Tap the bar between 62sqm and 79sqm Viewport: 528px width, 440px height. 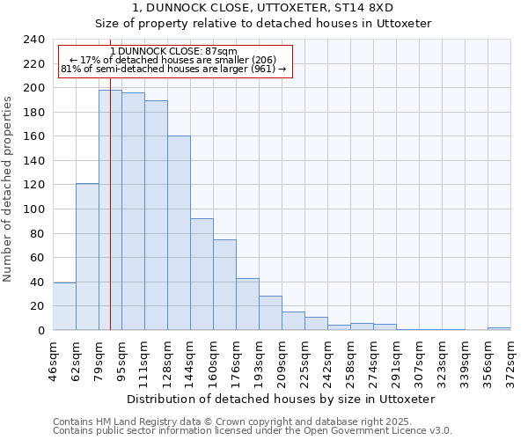(87, 256)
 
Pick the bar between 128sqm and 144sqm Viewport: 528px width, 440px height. (179, 233)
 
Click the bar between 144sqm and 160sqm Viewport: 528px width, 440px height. (202, 274)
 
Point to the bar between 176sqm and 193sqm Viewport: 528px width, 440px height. (247, 304)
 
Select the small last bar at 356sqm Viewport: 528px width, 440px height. (499, 328)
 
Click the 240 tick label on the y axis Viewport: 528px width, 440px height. (33, 40)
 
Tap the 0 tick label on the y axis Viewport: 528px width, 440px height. (40, 331)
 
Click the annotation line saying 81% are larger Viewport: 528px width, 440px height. (173, 69)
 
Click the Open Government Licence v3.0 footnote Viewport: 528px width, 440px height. (253, 431)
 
